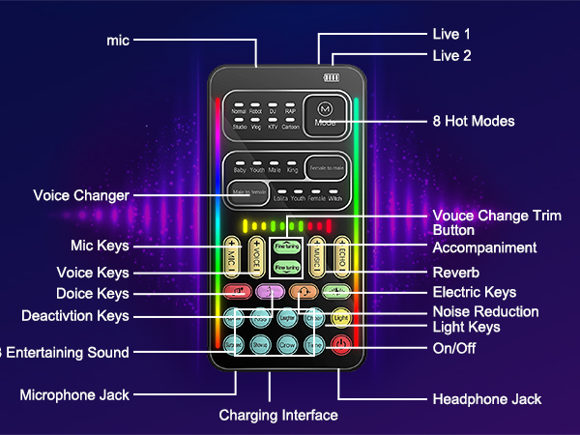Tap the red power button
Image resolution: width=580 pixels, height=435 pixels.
coord(340,343)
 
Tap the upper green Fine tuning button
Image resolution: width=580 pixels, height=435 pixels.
coord(286,246)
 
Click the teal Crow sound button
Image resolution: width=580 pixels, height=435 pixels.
coord(288,343)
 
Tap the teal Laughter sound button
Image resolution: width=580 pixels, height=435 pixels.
coord(288,317)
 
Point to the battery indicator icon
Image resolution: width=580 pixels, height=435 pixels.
coord(332,78)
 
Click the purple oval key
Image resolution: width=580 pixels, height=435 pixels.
coord(273,290)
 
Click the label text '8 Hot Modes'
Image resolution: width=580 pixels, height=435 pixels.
coord(473,122)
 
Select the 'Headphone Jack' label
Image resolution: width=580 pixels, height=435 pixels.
coord(486,399)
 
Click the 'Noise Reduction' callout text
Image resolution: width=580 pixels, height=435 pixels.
coord(484,311)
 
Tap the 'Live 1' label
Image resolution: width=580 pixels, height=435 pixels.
coord(450,34)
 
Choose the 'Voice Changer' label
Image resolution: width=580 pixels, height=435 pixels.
coord(80,195)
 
